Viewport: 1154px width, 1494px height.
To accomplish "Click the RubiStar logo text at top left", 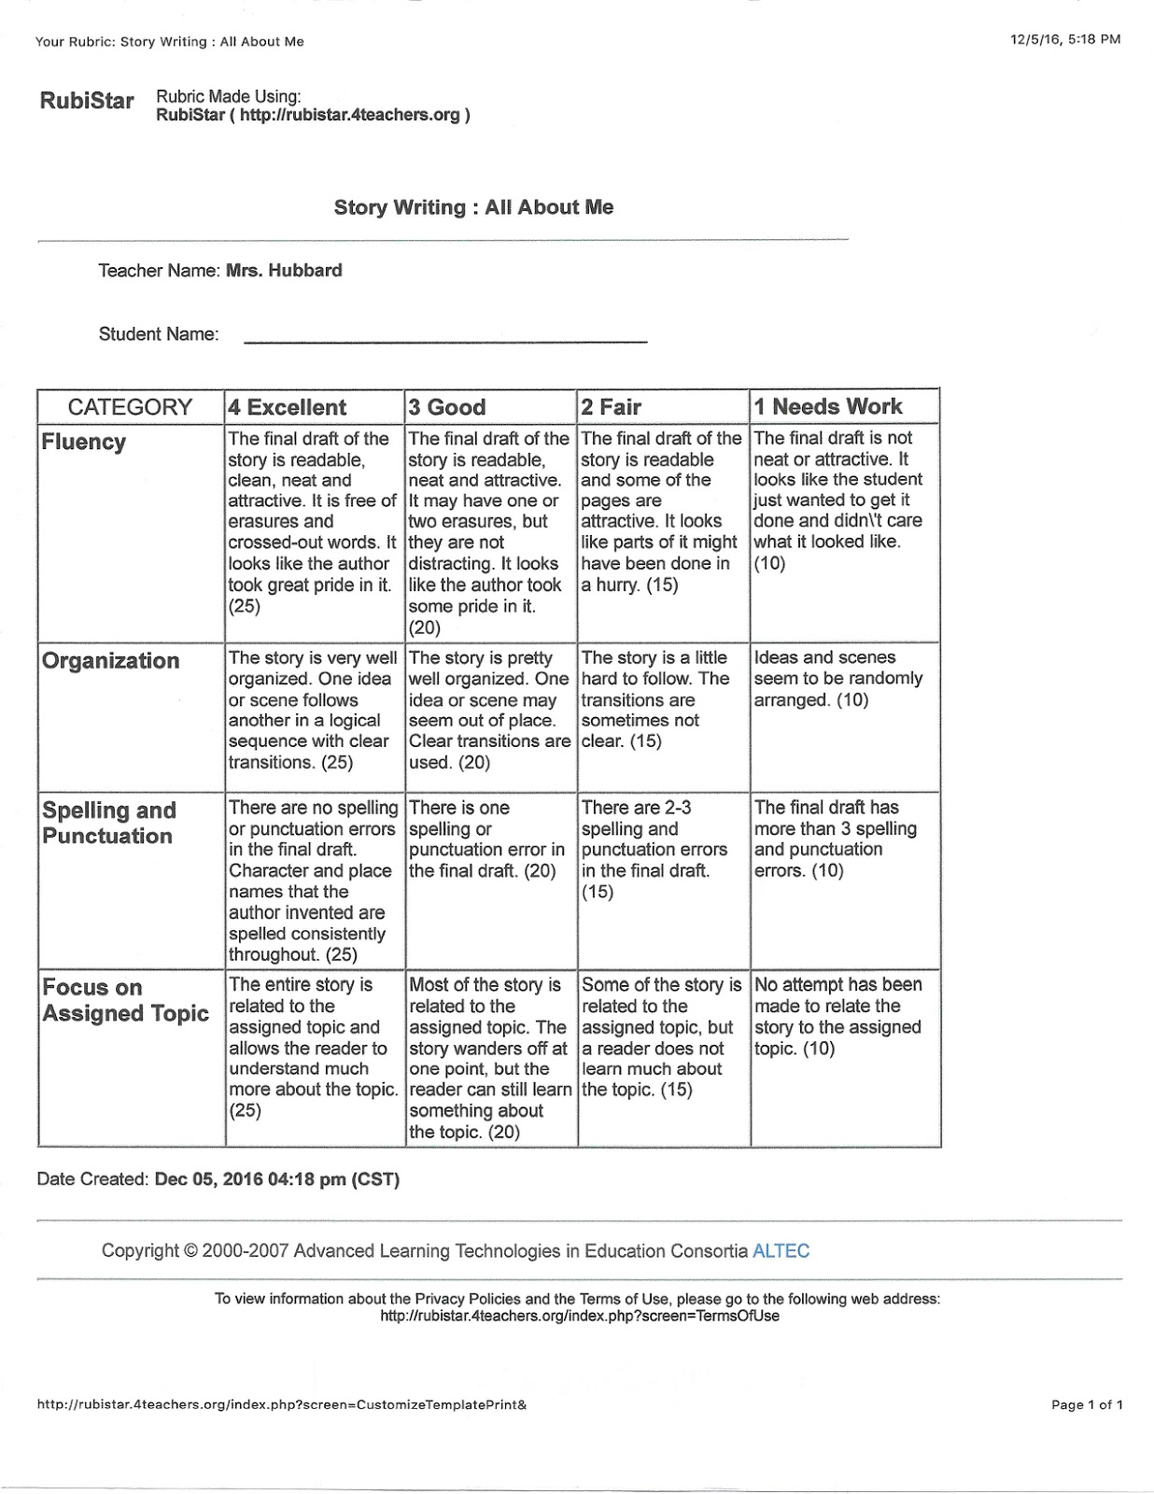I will coord(87,101).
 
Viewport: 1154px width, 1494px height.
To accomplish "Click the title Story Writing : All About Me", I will coord(473,207).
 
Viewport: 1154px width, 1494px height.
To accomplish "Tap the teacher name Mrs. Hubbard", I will coord(284,271).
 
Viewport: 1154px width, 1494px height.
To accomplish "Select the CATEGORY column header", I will coord(130,407).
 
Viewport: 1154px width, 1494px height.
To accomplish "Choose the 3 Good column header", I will coord(447,407).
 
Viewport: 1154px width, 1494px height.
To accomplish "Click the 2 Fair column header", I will coord(611,407).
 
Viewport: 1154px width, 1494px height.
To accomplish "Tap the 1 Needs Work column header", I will coord(827,406).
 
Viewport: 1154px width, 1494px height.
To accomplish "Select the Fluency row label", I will coord(83,443).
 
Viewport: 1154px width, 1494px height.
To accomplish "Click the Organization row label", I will coord(110,661).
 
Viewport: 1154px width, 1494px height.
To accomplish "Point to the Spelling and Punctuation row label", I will coord(108,823).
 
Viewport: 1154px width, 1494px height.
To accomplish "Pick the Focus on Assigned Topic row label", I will coord(125,1000).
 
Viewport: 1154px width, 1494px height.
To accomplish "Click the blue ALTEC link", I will coord(781,1251).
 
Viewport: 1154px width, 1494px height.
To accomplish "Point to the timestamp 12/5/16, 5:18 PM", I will coord(1064,39).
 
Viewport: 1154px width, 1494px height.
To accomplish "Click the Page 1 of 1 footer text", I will coord(1086,1404).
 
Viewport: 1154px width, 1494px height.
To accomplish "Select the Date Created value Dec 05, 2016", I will coord(276,1179).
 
